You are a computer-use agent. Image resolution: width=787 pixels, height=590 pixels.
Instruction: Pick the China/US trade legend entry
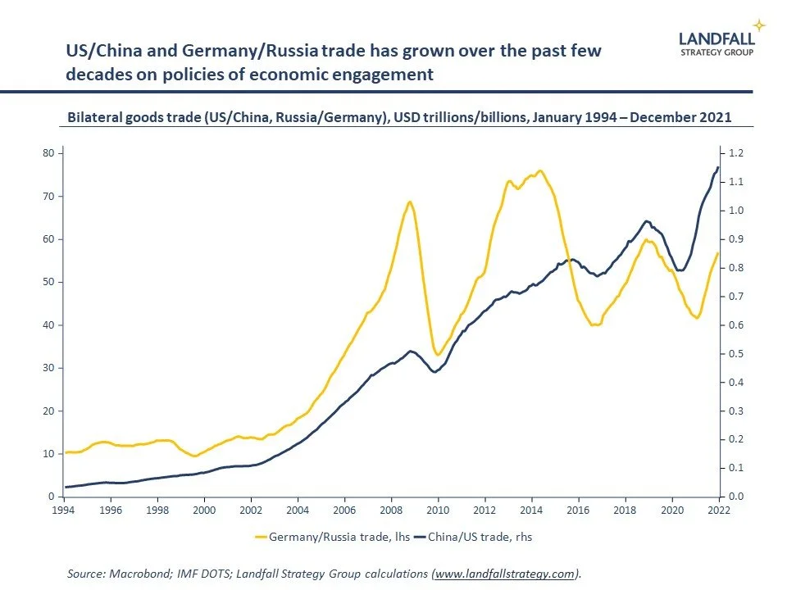tap(480, 538)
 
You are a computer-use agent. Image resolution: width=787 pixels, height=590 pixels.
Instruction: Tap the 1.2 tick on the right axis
tap(735, 153)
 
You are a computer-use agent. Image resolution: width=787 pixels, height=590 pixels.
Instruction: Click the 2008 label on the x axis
tap(391, 510)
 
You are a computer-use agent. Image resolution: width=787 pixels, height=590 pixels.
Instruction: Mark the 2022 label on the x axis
tap(719, 510)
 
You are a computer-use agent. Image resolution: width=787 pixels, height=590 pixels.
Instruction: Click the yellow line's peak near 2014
tap(539, 170)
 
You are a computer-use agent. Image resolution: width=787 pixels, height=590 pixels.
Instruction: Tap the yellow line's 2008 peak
tap(410, 202)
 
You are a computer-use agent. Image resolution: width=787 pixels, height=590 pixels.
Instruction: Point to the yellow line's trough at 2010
tap(439, 355)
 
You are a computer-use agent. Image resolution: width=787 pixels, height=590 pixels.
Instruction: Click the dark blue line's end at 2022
tap(718, 168)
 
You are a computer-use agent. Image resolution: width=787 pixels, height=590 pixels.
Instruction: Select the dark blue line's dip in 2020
tap(680, 270)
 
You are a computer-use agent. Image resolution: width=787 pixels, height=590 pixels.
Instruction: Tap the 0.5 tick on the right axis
tap(735, 354)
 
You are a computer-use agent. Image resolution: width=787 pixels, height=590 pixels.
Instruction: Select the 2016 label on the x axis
tap(579, 510)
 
